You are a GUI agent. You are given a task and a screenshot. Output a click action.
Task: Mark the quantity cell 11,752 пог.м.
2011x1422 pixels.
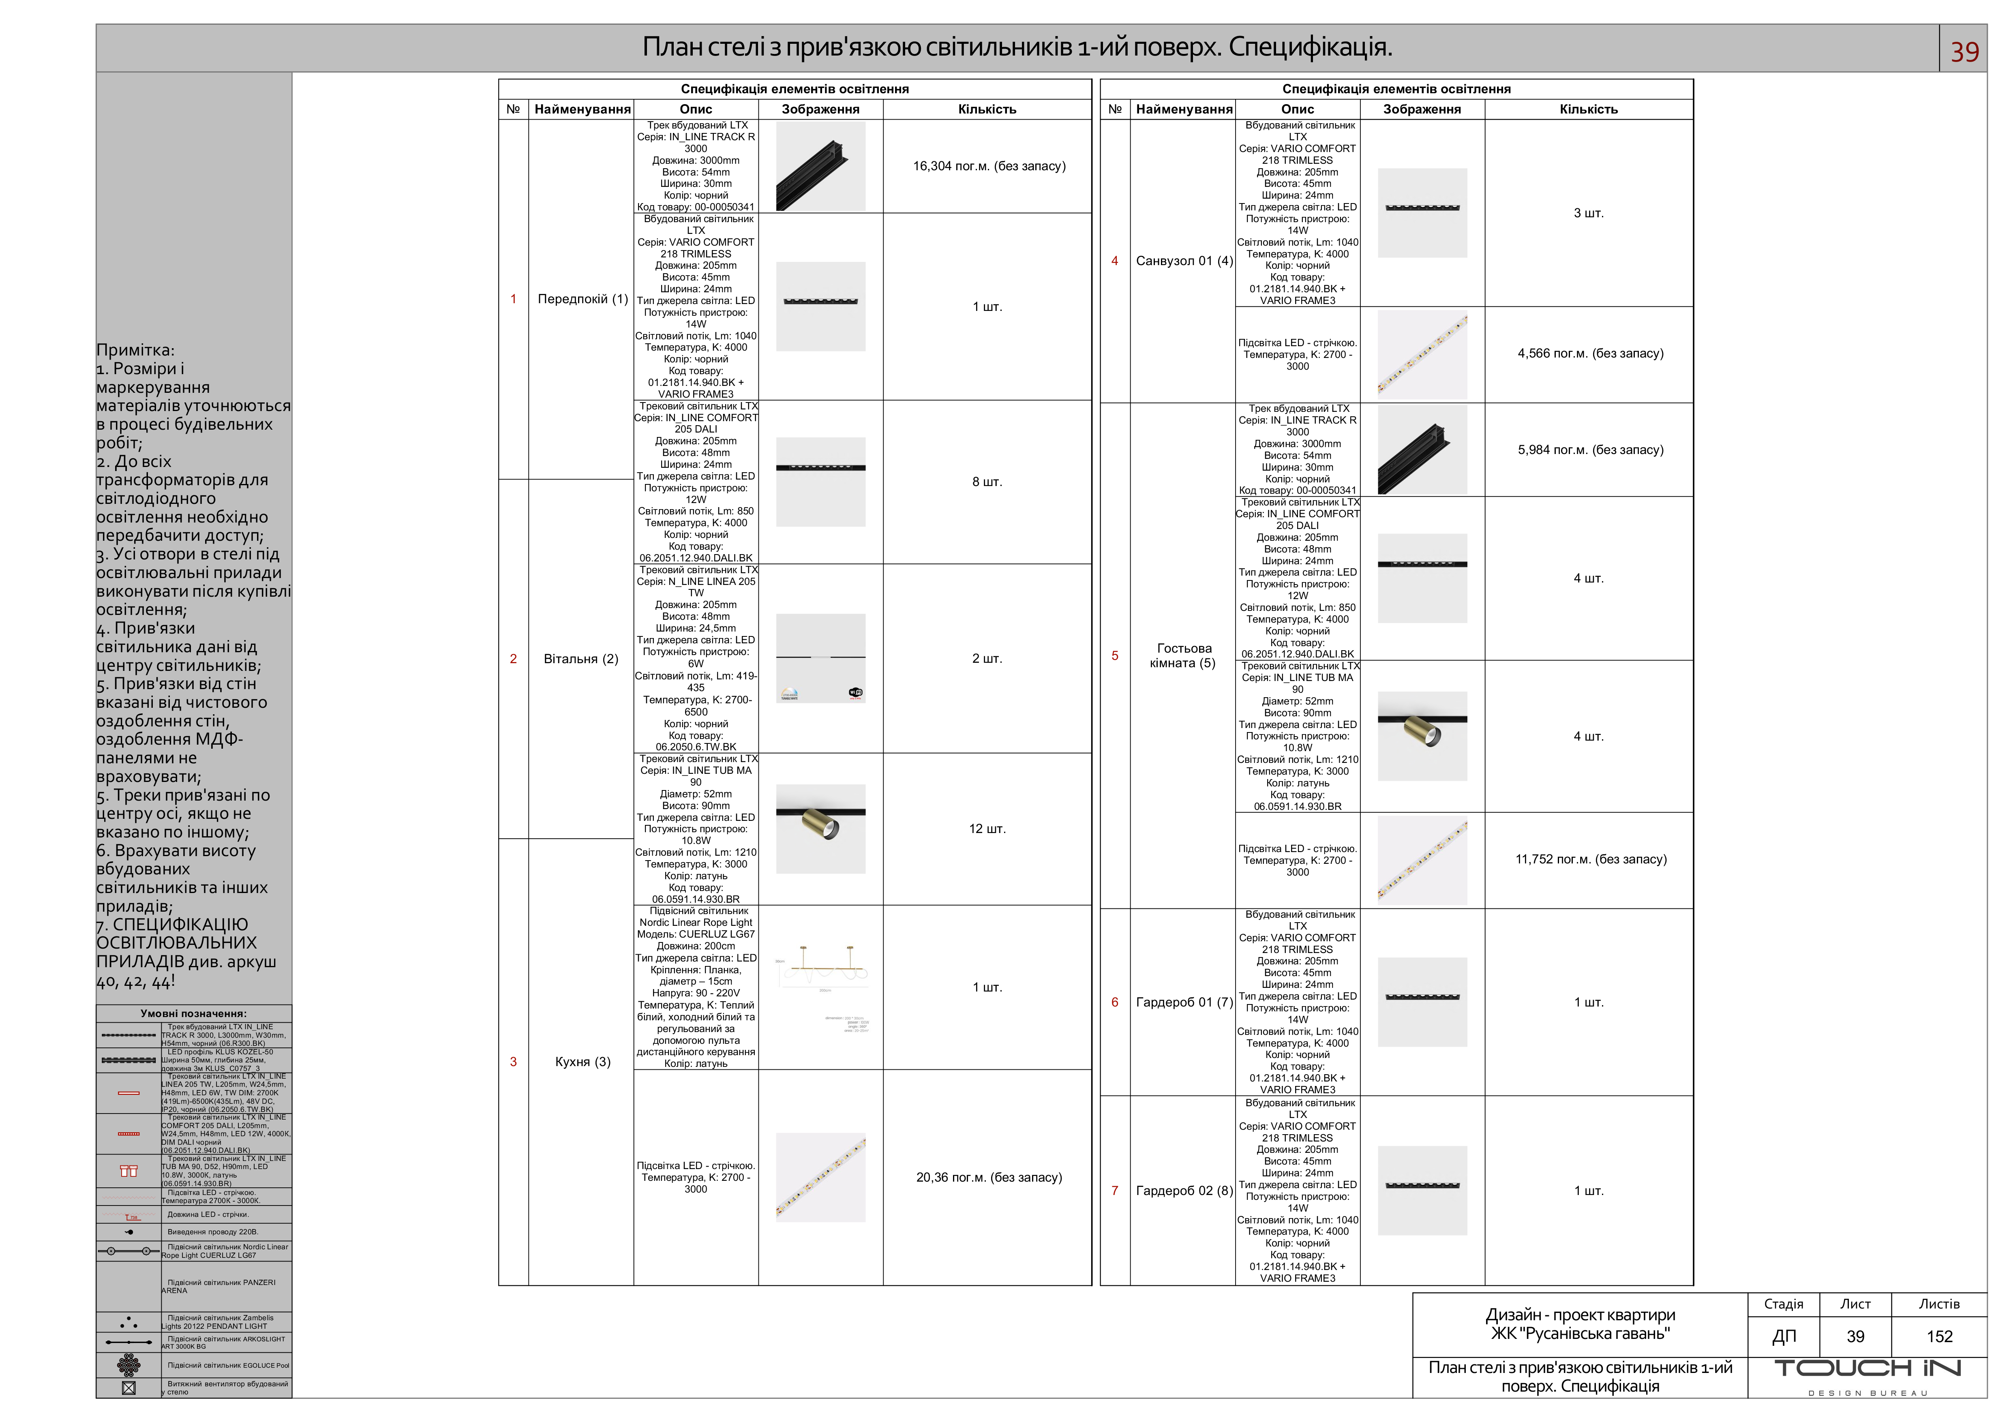click(x=1591, y=860)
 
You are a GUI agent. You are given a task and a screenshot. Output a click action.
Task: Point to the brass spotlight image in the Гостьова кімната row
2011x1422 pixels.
click(x=1422, y=735)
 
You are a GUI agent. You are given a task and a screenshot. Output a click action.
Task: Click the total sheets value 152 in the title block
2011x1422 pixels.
click(x=1939, y=1337)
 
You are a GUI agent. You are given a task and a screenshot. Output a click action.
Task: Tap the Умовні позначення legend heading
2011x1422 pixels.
click(x=194, y=1014)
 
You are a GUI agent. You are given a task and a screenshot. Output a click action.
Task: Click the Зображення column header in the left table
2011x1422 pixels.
click(x=821, y=109)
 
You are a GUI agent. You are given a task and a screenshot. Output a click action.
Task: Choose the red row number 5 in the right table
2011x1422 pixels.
click(x=1115, y=656)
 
